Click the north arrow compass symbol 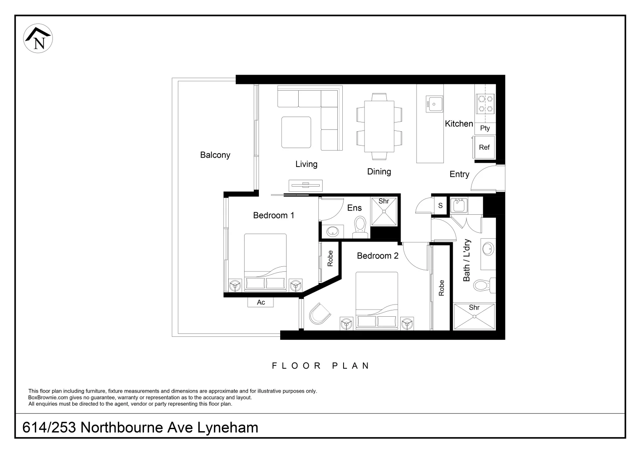coord(38,38)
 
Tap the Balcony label coord(215,155)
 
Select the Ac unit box coord(261,302)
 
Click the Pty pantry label coord(485,128)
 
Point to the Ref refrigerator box coord(484,147)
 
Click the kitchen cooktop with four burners coord(486,104)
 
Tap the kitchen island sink coord(434,104)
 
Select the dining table coord(379,126)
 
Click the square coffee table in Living coord(296,132)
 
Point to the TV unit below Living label coord(306,185)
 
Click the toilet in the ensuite coord(360,227)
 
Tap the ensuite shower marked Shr coord(384,211)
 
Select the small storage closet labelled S coord(440,205)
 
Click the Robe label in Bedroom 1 coord(330,258)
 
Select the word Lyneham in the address coord(228,427)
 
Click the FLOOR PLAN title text coord(320,366)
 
